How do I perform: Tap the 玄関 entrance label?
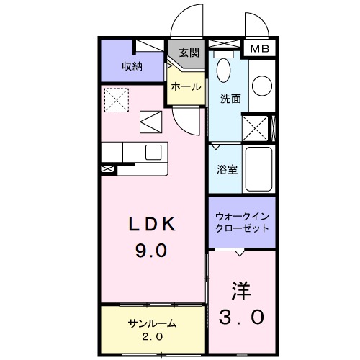tap(189, 53)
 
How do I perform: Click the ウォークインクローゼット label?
tap(242, 222)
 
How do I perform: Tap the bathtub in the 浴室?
tap(257, 169)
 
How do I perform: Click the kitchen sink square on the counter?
tap(154, 152)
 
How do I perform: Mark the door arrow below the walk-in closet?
tap(239, 253)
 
